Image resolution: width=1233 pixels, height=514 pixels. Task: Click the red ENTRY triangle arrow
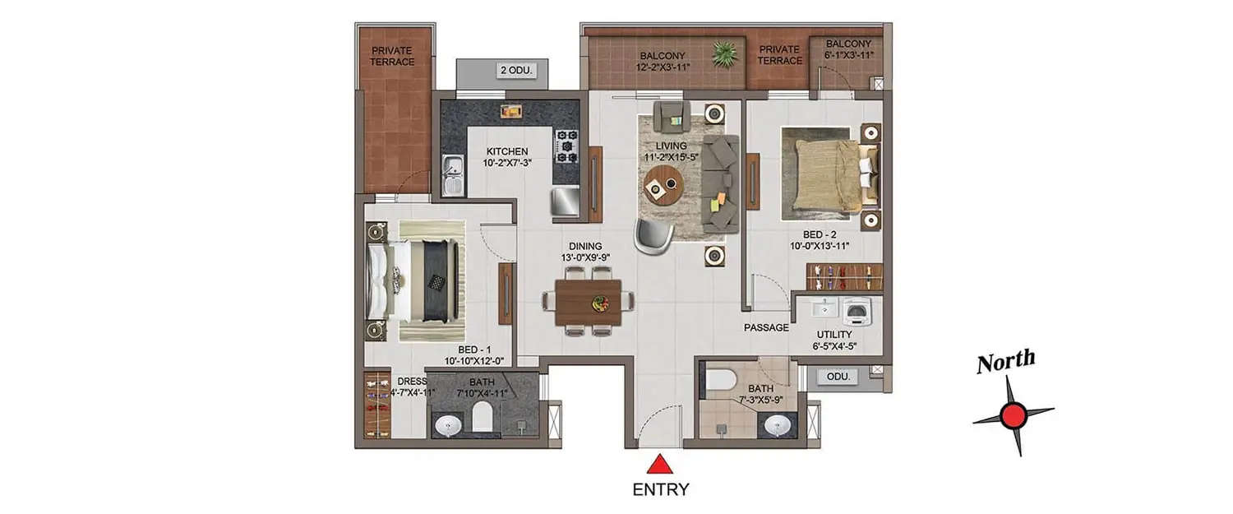pos(660,465)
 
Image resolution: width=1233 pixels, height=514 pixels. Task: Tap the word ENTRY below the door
pos(660,490)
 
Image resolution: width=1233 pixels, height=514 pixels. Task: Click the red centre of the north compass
pos(1014,416)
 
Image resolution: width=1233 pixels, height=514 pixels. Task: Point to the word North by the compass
pos(1005,362)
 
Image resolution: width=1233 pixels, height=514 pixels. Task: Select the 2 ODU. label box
pos(516,71)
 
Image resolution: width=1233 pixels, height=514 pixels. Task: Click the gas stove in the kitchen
pos(566,146)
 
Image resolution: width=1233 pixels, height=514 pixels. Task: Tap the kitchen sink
pos(453,175)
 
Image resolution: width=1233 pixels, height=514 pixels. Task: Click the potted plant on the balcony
pos(724,54)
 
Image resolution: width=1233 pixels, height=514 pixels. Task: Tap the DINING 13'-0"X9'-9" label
pos(585,252)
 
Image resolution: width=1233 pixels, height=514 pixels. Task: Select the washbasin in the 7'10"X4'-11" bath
pos(449,426)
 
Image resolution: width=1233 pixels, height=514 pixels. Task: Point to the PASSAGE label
pos(766,327)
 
